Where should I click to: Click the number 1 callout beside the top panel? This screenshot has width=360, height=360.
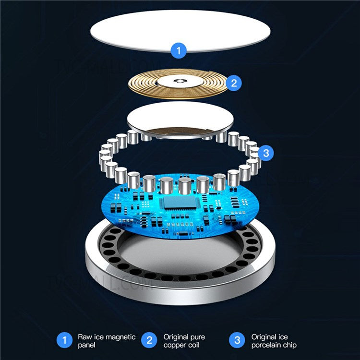click(179, 49)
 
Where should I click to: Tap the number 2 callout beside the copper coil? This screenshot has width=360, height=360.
click(234, 83)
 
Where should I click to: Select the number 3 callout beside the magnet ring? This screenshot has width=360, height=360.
click(266, 154)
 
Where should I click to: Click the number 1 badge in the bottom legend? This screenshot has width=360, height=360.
click(64, 341)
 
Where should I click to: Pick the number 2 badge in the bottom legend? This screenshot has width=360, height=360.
click(150, 341)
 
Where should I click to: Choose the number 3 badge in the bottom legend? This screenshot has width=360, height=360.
click(237, 341)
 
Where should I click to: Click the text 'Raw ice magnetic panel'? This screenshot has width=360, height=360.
click(107, 341)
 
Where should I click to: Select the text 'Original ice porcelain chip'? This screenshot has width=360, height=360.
click(274, 341)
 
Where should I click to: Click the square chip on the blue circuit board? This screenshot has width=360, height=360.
click(180, 203)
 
